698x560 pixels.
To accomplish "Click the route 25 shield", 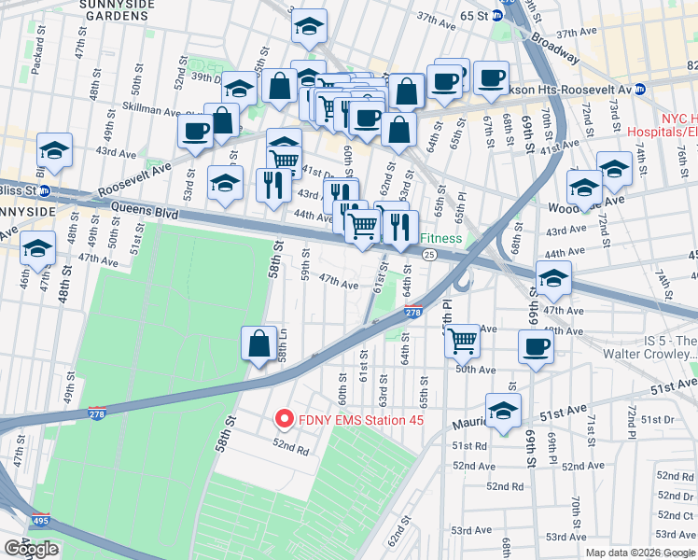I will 429,254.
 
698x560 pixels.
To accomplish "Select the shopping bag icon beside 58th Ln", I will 258,343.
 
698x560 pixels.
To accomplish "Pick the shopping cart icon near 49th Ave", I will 462,341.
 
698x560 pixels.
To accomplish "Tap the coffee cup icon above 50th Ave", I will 536,346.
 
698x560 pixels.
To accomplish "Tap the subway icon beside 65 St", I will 497,15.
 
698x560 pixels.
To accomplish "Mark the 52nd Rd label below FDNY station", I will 291,448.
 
